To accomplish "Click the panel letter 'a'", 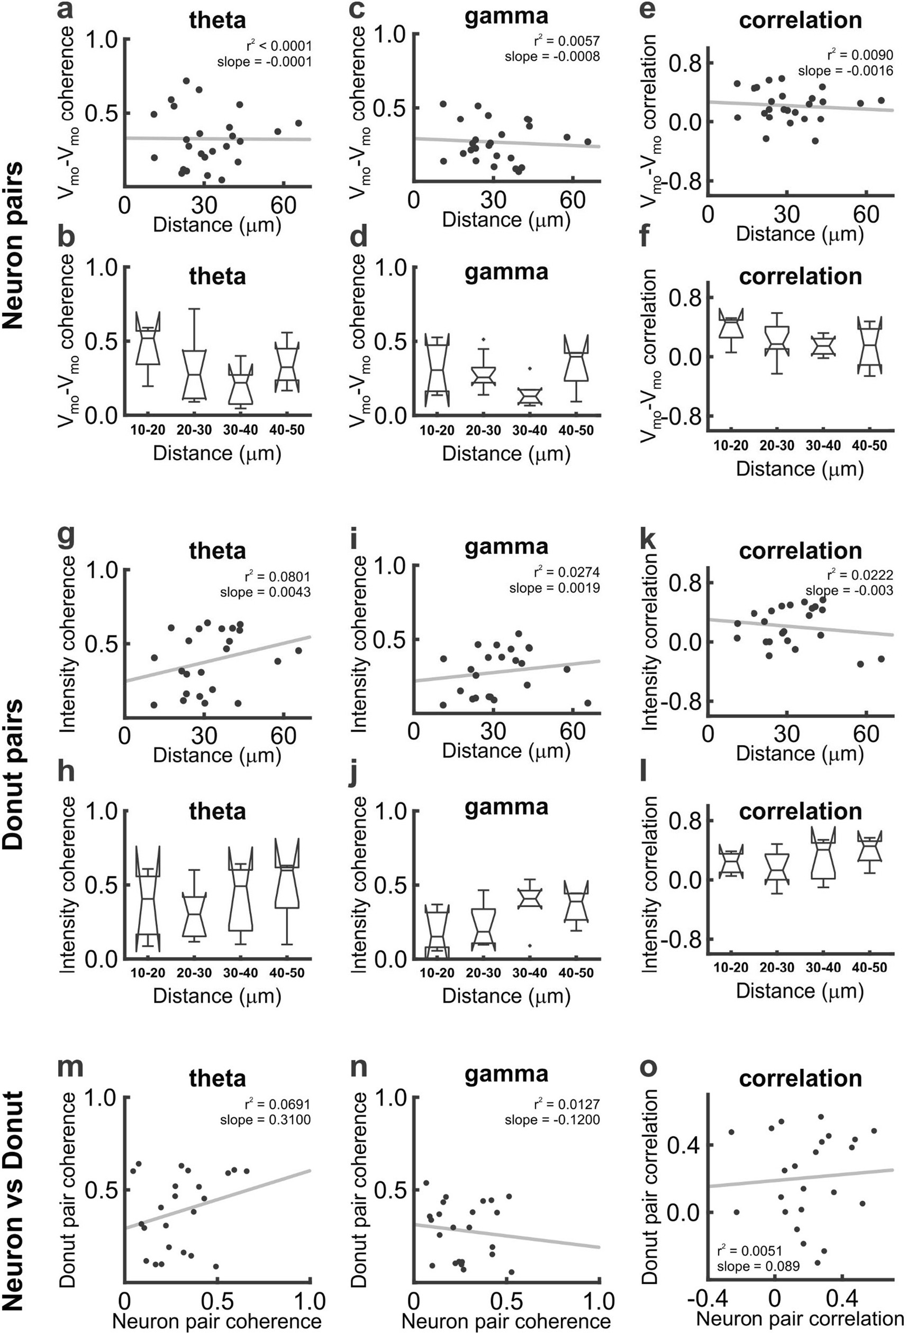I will (x=67, y=12).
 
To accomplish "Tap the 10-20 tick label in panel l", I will (x=730, y=968).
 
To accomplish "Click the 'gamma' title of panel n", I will (x=506, y=1073).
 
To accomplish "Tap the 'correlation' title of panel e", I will (x=800, y=20).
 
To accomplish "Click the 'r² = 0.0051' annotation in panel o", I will (x=750, y=1251).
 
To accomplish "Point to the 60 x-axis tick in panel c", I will (x=573, y=200).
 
